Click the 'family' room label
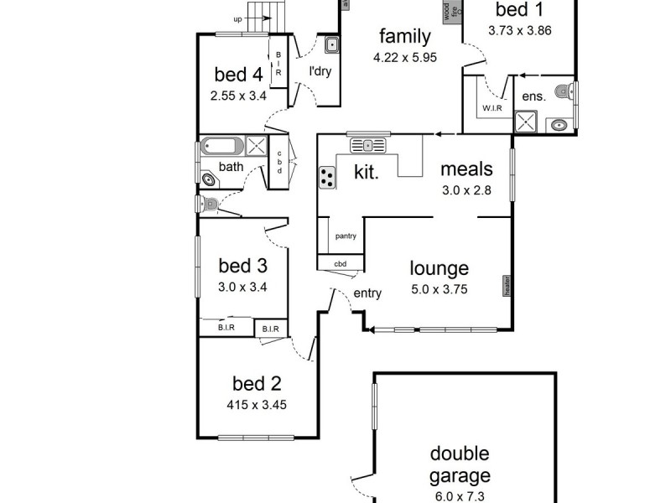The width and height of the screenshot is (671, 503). click(x=404, y=36)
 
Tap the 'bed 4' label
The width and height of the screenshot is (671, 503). click(x=238, y=74)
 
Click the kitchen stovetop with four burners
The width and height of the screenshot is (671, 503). click(x=327, y=178)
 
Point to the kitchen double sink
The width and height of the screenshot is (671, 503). click(x=368, y=146)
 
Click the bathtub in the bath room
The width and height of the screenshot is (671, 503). click(x=221, y=145)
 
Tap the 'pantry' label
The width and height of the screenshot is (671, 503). click(x=346, y=236)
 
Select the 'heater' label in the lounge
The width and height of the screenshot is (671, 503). click(x=507, y=286)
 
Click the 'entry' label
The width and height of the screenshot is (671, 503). click(x=367, y=293)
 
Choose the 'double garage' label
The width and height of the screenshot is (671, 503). click(x=459, y=465)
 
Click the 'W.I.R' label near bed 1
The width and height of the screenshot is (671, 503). click(x=491, y=108)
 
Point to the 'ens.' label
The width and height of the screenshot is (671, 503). click(x=534, y=96)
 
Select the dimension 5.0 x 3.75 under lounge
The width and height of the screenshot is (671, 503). click(x=439, y=290)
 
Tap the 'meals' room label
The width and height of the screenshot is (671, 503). click(x=466, y=169)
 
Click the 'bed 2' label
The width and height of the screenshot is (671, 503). click(x=256, y=384)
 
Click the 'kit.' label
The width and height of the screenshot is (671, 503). click(x=366, y=173)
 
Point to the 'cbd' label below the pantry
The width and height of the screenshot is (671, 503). click(x=340, y=264)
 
